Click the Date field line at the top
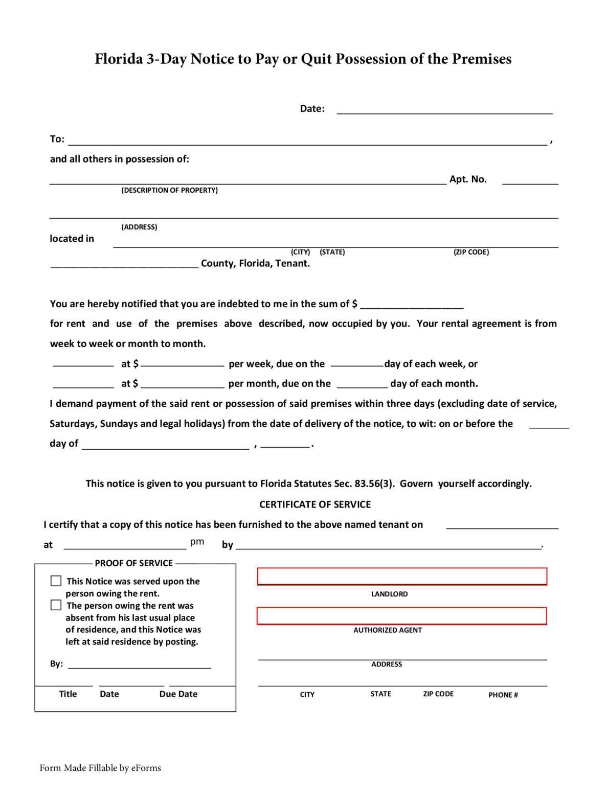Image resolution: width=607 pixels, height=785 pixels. tap(444, 109)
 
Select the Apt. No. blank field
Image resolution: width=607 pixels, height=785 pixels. tap(530, 179)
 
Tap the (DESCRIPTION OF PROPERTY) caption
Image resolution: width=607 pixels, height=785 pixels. tap(169, 190)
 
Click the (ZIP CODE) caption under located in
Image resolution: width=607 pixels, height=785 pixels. tap(471, 252)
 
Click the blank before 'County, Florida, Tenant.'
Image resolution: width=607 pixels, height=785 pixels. tap(124, 264)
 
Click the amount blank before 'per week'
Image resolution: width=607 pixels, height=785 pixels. tap(183, 364)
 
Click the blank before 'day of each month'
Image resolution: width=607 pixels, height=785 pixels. tap(362, 384)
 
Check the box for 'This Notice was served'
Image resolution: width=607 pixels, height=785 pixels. tap(56, 581)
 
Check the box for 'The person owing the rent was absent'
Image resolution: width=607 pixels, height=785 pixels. tap(56, 605)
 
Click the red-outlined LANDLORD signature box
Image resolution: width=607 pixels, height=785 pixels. tap(401, 576)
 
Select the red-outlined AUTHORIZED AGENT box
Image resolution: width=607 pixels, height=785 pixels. tap(401, 616)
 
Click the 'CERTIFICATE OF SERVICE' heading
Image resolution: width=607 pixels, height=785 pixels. tap(315, 504)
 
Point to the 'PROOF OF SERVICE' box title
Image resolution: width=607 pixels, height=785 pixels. tap(133, 563)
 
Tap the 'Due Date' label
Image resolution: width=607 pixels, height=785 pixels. tap(178, 694)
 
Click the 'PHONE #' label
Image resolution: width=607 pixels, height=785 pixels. tap(503, 695)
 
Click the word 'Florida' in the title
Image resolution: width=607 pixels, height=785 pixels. tap(119, 59)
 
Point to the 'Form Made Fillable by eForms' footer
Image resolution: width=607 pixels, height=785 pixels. tap(100, 768)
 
